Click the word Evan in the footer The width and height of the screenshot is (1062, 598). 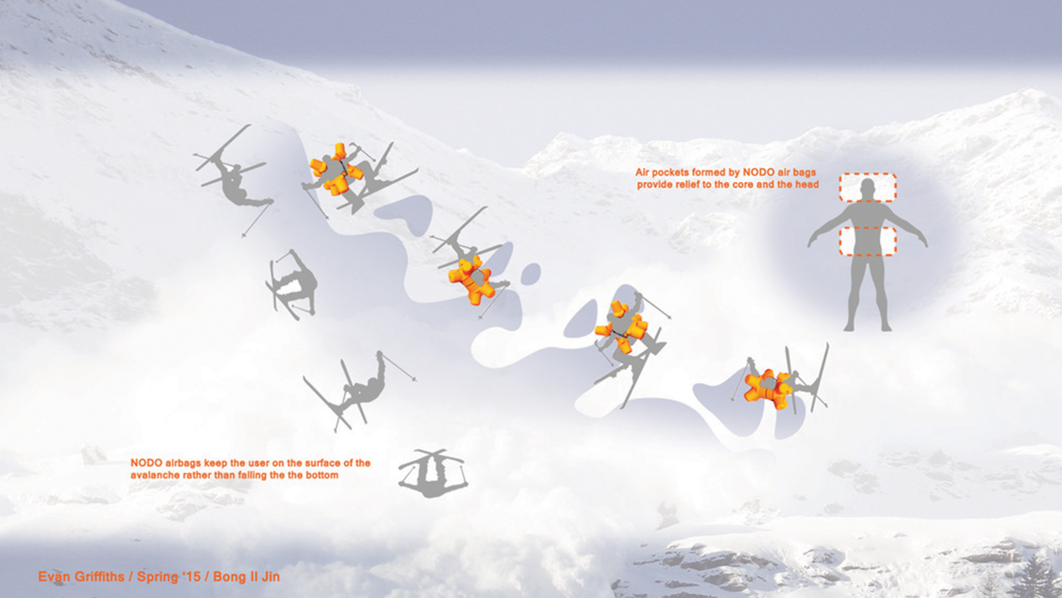pos(54,577)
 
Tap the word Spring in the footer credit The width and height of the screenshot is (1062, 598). pos(158,577)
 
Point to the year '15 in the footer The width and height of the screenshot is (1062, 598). pos(190,577)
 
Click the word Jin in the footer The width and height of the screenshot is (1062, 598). pos(270,577)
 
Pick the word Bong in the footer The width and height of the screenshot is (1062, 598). pos(228,577)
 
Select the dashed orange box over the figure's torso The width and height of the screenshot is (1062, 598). pos(867,241)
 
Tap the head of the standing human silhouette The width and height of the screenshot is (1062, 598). pos(867,189)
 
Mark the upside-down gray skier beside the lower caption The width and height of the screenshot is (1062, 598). pos(432,473)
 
